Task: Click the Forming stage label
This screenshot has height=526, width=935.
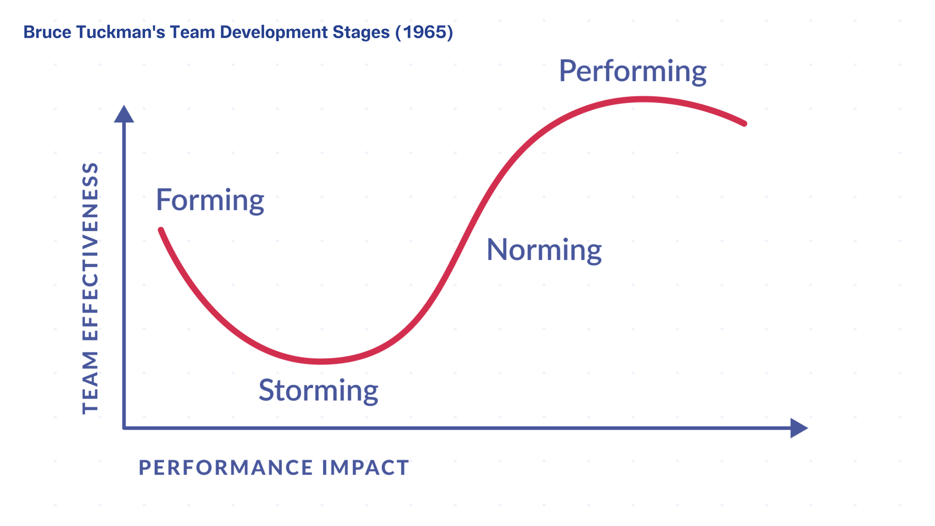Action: [x=210, y=201]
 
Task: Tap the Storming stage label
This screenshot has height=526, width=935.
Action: [x=318, y=391]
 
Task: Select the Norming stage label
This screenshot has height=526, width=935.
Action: [x=544, y=251]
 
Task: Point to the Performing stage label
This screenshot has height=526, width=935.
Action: [x=633, y=72]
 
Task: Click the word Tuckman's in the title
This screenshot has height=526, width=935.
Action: [x=121, y=32]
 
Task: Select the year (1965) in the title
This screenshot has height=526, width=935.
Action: [x=424, y=33]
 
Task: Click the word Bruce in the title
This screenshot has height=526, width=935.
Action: [x=47, y=32]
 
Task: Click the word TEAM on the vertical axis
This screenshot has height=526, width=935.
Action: [x=90, y=383]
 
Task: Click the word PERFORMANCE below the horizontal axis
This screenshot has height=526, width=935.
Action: [x=226, y=468]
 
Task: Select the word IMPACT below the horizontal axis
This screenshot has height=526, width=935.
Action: [x=365, y=468]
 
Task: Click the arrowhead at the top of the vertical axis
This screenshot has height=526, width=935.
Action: [x=124, y=114]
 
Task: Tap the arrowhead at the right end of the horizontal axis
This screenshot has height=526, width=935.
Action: [x=799, y=428]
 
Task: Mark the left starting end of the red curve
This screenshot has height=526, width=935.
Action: [x=161, y=230]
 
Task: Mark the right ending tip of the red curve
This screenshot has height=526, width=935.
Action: [x=744, y=123]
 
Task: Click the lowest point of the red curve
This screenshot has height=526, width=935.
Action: [x=321, y=361]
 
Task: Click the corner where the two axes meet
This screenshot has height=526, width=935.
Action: [x=124, y=428]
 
